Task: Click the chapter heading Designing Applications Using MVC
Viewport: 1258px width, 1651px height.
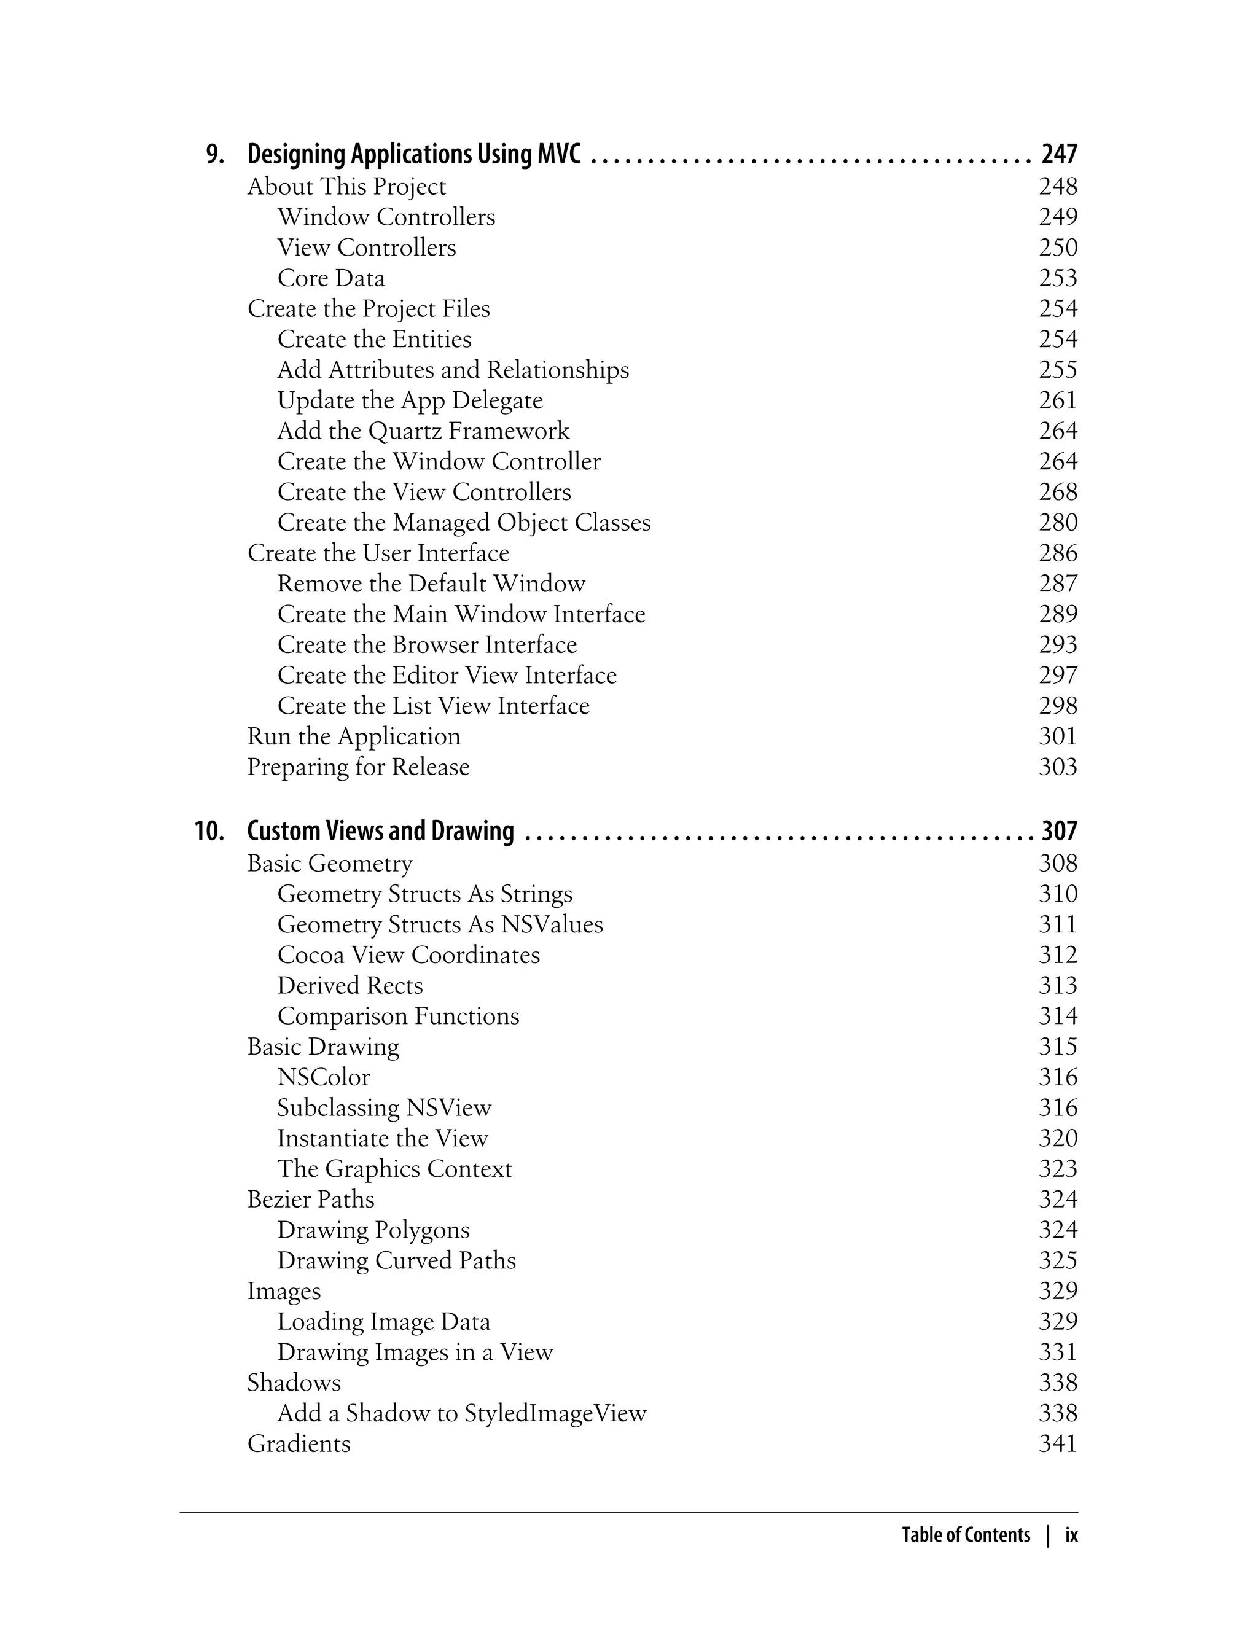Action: pyautogui.click(x=413, y=154)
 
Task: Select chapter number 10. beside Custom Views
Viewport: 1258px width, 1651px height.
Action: pyautogui.click(x=209, y=832)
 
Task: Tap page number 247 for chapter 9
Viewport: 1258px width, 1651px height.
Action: pyautogui.click(x=1059, y=154)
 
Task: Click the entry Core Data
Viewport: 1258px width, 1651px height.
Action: pyautogui.click(x=331, y=278)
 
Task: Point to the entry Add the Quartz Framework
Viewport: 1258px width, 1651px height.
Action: pyautogui.click(x=423, y=431)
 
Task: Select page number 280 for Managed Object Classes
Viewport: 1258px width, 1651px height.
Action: pyautogui.click(x=1057, y=523)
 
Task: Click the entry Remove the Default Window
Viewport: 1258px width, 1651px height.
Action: pyautogui.click(x=431, y=584)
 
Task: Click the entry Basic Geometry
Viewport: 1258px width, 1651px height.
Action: pyautogui.click(x=329, y=864)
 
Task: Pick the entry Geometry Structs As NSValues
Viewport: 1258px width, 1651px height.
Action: pyautogui.click(x=440, y=925)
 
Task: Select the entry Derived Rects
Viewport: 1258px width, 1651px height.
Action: pyautogui.click(x=350, y=985)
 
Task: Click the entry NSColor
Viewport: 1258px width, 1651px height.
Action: pyautogui.click(x=324, y=1077)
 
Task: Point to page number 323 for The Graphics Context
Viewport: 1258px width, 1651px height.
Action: pyautogui.click(x=1057, y=1169)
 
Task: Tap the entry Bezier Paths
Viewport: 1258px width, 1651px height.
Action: pyautogui.click(x=310, y=1200)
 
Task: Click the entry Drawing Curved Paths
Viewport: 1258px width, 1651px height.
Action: pyautogui.click(x=396, y=1261)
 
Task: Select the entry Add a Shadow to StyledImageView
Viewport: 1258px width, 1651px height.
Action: pyautogui.click(x=461, y=1414)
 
